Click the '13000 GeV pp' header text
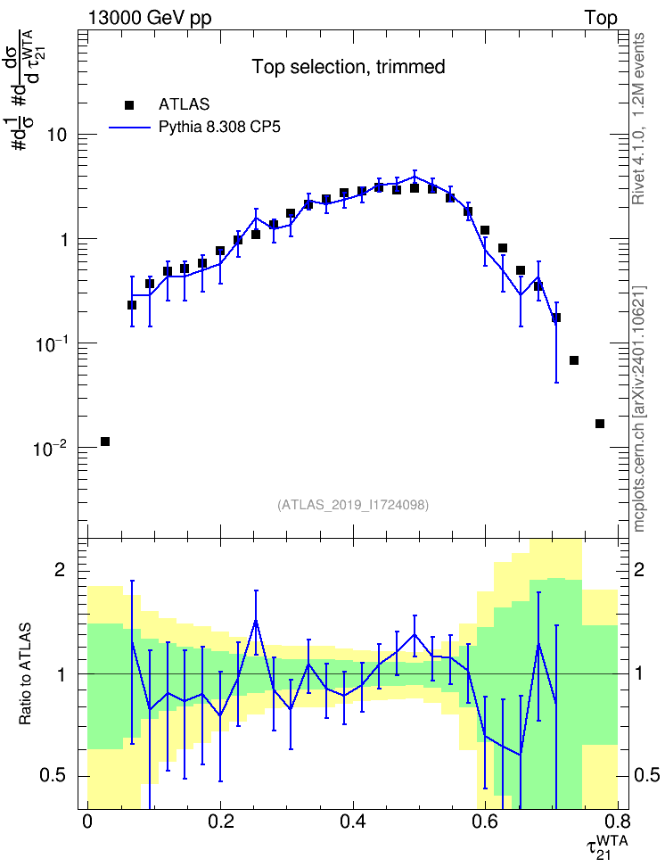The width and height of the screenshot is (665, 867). click(149, 18)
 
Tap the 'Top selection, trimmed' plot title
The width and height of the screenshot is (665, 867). click(349, 67)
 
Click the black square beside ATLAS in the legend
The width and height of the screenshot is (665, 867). click(129, 104)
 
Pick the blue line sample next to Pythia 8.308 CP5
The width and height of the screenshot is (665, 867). click(129, 128)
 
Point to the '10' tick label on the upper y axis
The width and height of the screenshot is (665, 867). click(56, 135)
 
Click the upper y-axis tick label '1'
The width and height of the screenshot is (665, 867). click(63, 239)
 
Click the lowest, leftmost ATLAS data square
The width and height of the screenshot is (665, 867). click(105, 442)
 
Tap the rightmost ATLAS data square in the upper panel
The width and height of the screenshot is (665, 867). click(600, 424)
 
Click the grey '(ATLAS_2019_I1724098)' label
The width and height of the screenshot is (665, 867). click(353, 505)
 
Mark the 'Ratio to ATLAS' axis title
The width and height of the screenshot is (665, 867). click(24, 673)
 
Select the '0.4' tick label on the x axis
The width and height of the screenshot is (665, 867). click(353, 820)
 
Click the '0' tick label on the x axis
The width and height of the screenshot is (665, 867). click(87, 820)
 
